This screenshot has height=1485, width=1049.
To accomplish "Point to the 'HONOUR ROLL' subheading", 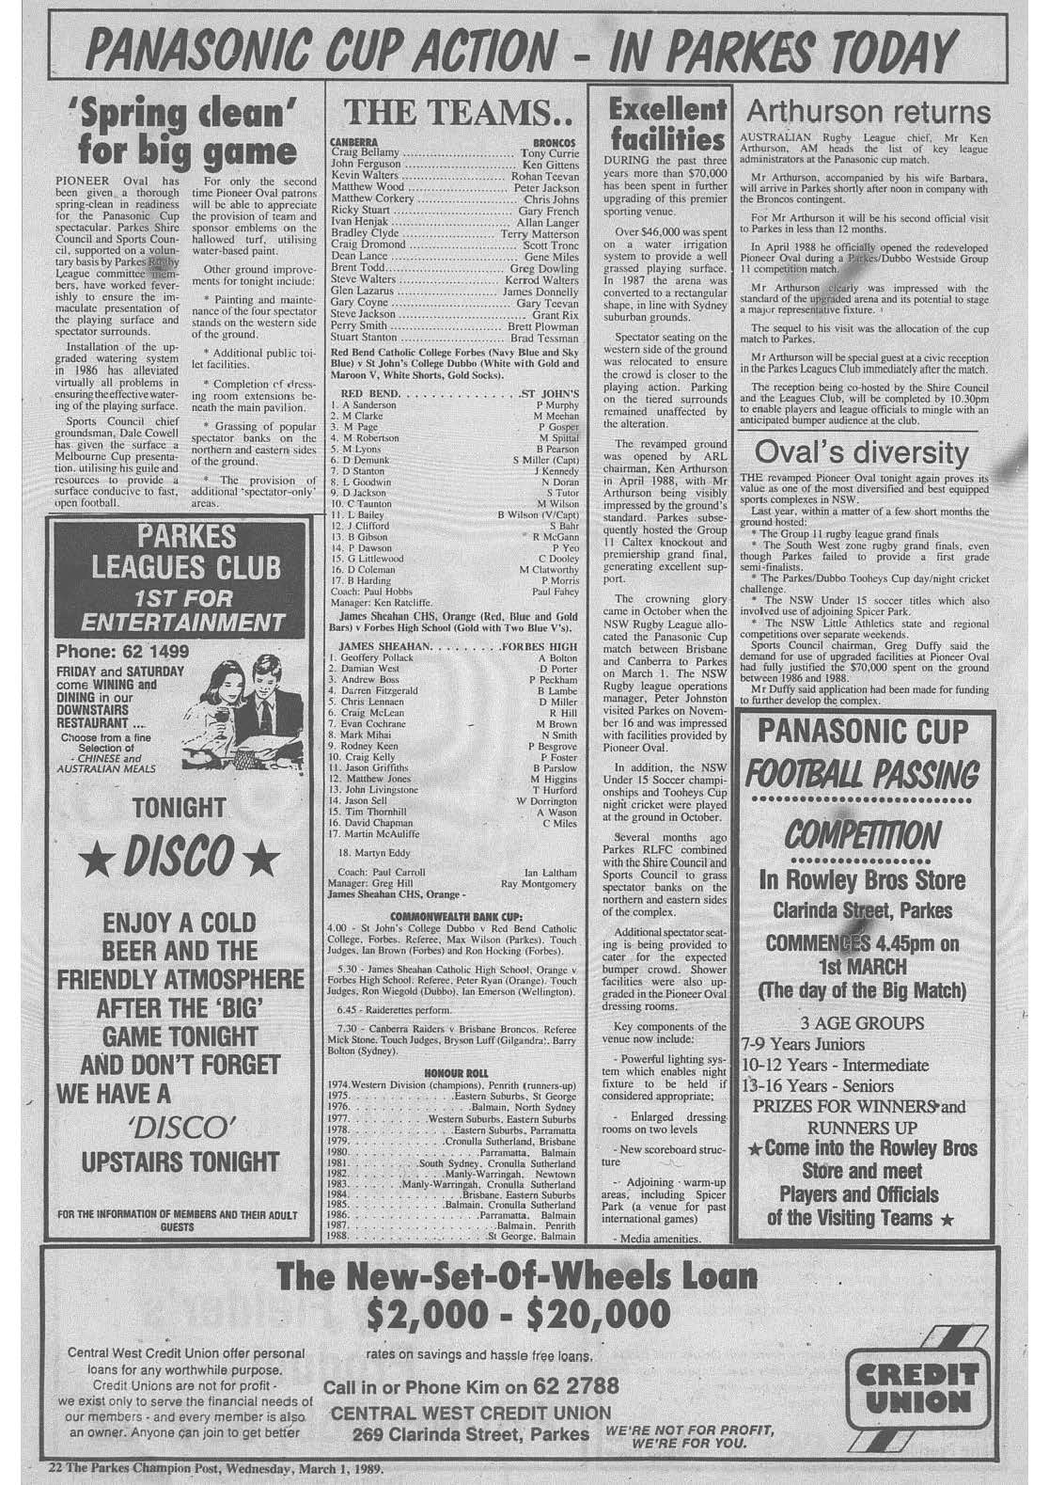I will [453, 1071].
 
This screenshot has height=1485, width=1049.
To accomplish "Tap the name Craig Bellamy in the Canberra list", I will [368, 152].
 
